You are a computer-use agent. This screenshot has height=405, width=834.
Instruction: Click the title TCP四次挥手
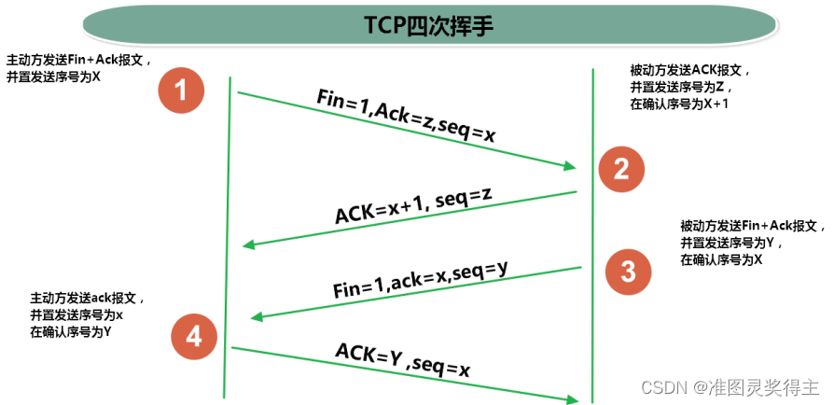pyautogui.click(x=417, y=25)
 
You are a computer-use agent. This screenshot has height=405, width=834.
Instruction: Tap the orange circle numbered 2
pyautogui.click(x=621, y=168)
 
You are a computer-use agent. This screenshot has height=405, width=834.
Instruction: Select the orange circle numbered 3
pyautogui.click(x=628, y=272)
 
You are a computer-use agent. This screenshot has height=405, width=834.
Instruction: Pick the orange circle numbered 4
pyautogui.click(x=194, y=337)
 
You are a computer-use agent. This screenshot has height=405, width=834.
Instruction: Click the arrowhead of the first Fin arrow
pyautogui.click(x=569, y=167)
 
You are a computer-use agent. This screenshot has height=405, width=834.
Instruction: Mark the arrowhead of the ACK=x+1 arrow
pyautogui.click(x=249, y=245)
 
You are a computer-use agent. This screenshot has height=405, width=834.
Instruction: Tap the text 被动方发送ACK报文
pyautogui.click(x=689, y=70)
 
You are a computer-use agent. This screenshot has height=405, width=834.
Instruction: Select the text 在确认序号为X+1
pyautogui.click(x=680, y=104)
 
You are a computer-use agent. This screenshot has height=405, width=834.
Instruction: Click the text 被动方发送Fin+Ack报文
pyautogui.click(x=750, y=226)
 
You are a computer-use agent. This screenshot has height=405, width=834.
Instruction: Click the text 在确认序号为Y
pyautogui.click(x=71, y=331)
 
